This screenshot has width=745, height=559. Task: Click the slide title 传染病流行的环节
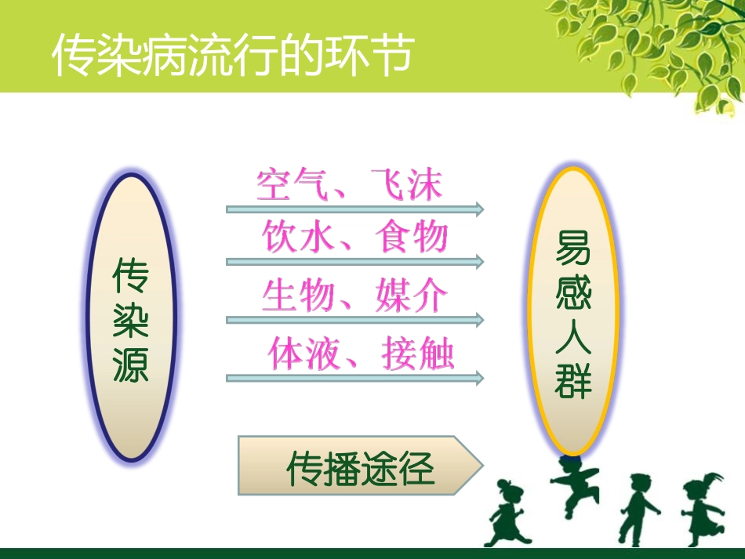[232, 56]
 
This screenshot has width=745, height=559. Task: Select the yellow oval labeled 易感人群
[573, 311]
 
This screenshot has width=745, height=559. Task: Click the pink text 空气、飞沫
[350, 185]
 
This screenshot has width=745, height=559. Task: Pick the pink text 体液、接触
[361, 354]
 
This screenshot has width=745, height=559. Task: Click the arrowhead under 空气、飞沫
[478, 209]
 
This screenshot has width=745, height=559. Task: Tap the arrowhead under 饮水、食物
[478, 262]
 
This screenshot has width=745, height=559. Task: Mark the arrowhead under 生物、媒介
[478, 321]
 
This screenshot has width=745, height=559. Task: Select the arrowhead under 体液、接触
[478, 379]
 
